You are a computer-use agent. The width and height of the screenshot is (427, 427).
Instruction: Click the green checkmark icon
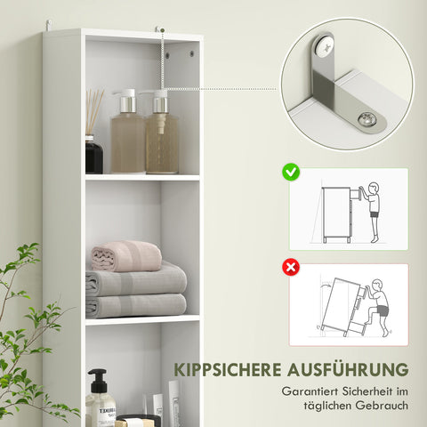point(291,170)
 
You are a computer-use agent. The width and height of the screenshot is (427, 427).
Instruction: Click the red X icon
point(291,266)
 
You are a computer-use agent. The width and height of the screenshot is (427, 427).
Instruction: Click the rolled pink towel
point(126,256)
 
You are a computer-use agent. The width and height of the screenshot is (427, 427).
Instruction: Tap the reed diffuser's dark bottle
point(94,155)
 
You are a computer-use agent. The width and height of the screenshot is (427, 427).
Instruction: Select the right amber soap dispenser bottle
point(161,142)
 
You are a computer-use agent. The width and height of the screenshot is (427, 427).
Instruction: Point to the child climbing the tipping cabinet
point(379,302)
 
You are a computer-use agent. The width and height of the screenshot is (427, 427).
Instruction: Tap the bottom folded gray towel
point(136,306)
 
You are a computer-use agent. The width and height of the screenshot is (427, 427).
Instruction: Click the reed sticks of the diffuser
point(93,110)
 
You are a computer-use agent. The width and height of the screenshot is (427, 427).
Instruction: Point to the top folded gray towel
point(136,283)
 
